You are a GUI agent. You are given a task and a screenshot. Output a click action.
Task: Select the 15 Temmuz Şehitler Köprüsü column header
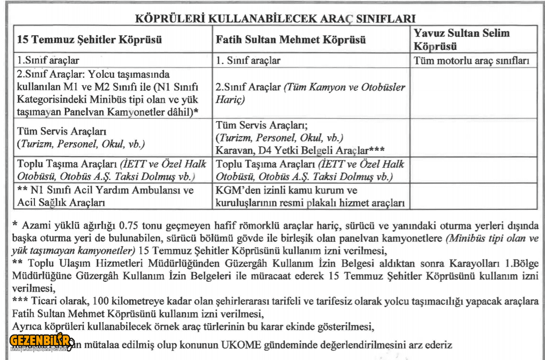pyautogui.click(x=90, y=40)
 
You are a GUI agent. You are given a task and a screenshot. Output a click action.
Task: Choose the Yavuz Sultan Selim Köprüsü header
pyautogui.click(x=462, y=40)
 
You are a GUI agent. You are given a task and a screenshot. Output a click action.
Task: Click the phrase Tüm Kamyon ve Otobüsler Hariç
pyautogui.click(x=310, y=93)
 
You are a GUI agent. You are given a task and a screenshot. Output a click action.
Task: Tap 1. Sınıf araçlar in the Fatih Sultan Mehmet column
pyautogui.click(x=248, y=61)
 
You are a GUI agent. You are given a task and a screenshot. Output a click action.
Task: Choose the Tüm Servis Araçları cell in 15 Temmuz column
pyautogui.click(x=80, y=139)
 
